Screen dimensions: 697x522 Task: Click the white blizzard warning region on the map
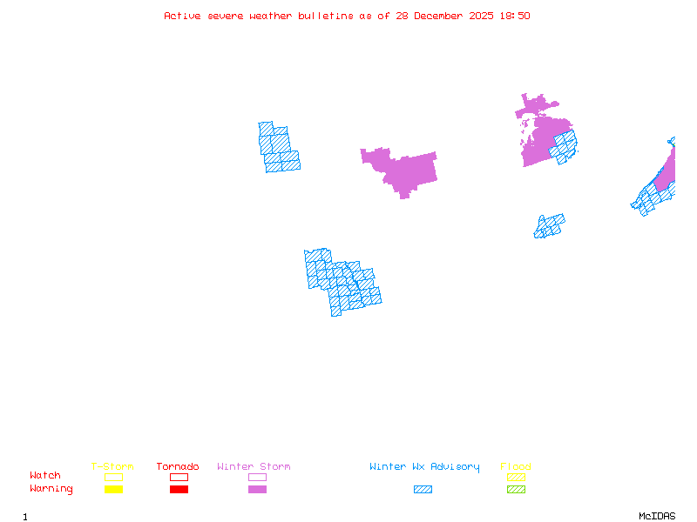(x=366, y=187)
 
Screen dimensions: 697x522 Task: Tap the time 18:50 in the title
(x=516, y=16)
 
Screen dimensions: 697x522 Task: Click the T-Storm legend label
(x=112, y=467)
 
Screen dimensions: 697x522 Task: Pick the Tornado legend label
(x=178, y=467)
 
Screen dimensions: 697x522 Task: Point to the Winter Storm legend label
(x=254, y=467)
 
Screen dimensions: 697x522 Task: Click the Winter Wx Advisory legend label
(x=424, y=467)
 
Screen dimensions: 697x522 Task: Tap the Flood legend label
(x=516, y=467)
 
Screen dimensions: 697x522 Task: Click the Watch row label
(x=45, y=476)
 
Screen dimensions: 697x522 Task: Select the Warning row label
(x=51, y=489)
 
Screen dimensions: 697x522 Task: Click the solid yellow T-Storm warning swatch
(x=113, y=490)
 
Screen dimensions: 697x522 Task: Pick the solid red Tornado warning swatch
(x=179, y=490)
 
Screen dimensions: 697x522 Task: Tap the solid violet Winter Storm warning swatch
(x=257, y=490)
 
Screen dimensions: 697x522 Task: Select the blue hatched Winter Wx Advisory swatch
(x=423, y=490)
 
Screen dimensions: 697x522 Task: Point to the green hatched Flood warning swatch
(x=516, y=490)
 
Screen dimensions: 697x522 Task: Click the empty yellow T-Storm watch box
(x=113, y=477)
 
